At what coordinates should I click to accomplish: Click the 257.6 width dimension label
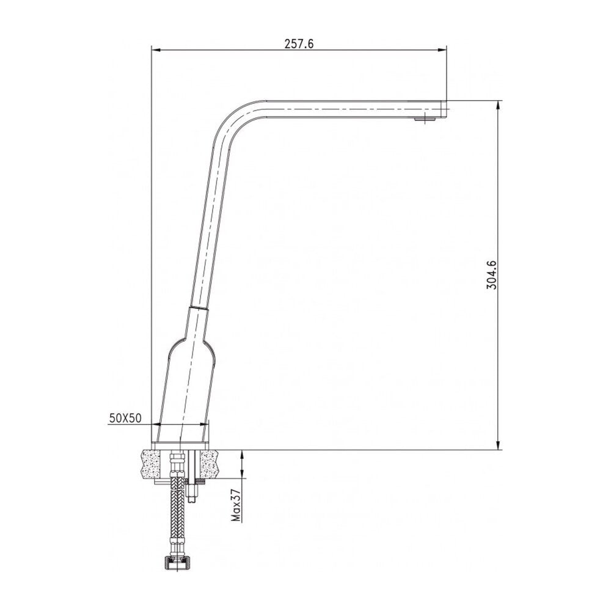[x=299, y=43]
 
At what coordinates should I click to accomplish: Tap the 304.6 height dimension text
[x=492, y=275]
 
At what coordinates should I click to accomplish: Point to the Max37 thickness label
[x=236, y=505]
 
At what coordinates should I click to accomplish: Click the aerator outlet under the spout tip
[x=424, y=120]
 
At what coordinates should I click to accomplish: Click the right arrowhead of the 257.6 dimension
[x=442, y=49]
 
